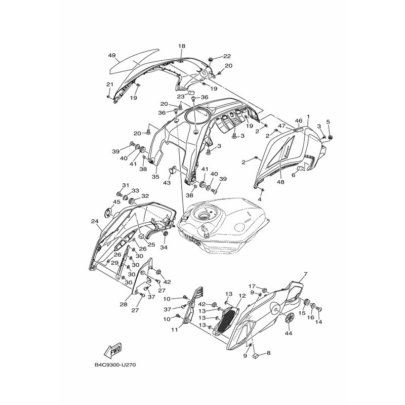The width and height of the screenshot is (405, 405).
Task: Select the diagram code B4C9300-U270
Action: tap(115, 365)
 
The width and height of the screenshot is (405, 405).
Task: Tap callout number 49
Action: tap(112, 56)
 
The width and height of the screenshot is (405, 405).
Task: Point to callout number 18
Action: tap(182, 46)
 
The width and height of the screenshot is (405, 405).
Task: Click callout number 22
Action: tap(227, 56)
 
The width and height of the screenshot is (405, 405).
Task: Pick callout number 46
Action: tap(299, 120)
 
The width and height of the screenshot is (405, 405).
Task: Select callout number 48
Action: tap(280, 182)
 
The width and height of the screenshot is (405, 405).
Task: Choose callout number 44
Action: tap(289, 333)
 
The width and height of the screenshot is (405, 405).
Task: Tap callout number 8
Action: tap(268, 352)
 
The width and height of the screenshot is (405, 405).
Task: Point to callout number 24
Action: tap(95, 221)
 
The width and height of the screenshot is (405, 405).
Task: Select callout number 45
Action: tap(117, 201)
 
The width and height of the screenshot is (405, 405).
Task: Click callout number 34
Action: tap(164, 248)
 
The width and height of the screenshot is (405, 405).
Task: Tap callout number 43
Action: tap(167, 183)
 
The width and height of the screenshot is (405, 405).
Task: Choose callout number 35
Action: tap(155, 177)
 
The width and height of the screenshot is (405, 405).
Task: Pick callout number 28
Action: tap(124, 305)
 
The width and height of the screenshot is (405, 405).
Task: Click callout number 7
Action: tap(305, 274)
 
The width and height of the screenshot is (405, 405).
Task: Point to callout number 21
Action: tap(110, 84)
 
